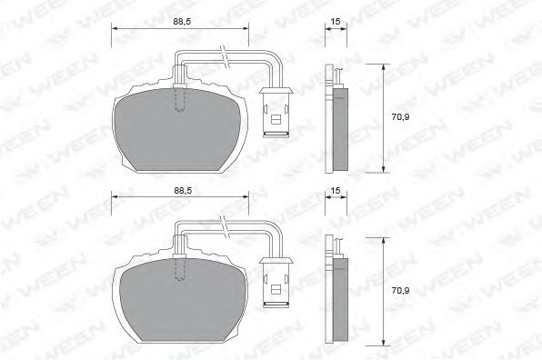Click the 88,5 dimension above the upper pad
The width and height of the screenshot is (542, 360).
[x=182, y=22]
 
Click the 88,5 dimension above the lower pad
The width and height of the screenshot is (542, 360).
[x=183, y=190]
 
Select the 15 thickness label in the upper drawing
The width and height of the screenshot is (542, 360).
[x=336, y=22]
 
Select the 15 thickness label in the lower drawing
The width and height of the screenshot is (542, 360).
[x=336, y=190]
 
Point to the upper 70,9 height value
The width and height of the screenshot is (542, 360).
[x=400, y=117]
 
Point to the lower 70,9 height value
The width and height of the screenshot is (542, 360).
[x=400, y=291]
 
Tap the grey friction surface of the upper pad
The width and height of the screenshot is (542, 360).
[x=177, y=130]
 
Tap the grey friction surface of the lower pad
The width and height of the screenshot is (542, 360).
[x=183, y=301]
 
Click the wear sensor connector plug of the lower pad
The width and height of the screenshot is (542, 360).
[x=276, y=282]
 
